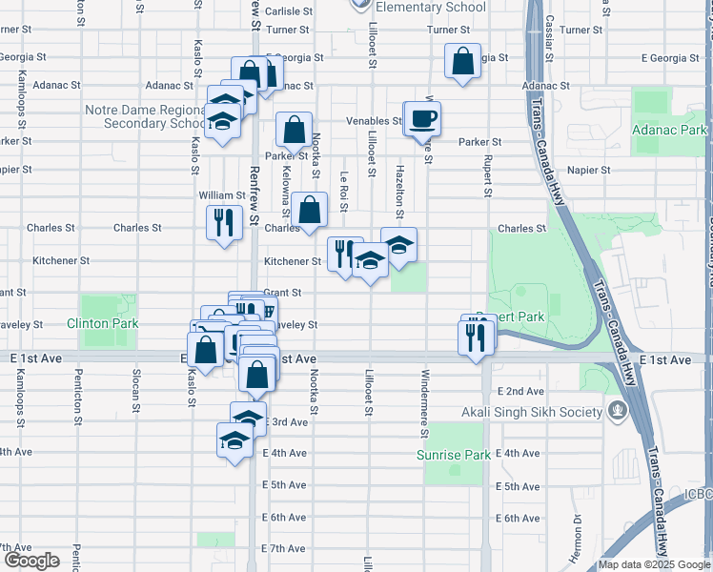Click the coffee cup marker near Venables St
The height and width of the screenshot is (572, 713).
(x=422, y=119)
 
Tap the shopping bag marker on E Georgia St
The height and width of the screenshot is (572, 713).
(x=462, y=62)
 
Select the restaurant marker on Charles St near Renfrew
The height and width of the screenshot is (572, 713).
(x=224, y=223)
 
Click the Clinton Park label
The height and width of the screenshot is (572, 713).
(x=103, y=323)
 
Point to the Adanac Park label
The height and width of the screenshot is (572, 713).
(x=671, y=130)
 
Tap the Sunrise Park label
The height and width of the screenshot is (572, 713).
(x=454, y=455)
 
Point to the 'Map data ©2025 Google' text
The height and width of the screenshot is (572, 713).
(x=655, y=564)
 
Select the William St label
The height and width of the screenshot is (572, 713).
(x=221, y=195)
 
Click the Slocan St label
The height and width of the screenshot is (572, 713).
(x=137, y=385)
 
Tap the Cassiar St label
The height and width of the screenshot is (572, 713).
(x=550, y=21)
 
